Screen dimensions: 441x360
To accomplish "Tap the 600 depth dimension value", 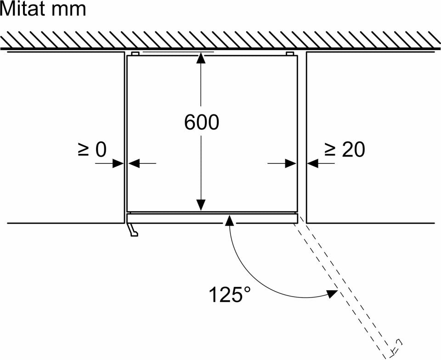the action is (x=201, y=122).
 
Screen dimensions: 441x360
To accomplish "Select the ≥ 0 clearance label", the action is (x=92, y=150).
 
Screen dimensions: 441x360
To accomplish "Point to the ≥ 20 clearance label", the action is (x=345, y=150).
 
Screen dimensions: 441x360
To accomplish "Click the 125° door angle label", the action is (x=229, y=294).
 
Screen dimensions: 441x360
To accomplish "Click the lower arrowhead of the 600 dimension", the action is (x=201, y=205).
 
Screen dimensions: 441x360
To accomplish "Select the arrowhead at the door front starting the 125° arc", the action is (x=230, y=220).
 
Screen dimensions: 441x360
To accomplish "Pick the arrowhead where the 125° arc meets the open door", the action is (x=332, y=294).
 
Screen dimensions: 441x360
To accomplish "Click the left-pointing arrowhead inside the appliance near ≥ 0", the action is (x=134, y=163).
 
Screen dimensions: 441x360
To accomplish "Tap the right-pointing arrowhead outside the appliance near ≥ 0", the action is (x=118, y=163).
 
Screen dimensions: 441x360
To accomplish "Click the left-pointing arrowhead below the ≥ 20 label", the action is (x=313, y=163).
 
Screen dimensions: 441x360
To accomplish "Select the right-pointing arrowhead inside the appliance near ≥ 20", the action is (x=290, y=163).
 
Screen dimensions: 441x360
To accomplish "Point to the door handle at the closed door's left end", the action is (x=132, y=230).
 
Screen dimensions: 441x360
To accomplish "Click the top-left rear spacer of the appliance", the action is (x=135, y=53).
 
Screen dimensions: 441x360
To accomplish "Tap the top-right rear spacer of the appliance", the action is (x=290, y=53).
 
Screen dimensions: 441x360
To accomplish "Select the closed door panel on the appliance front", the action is (x=212, y=219).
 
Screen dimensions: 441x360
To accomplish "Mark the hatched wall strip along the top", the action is (x=220, y=39).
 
